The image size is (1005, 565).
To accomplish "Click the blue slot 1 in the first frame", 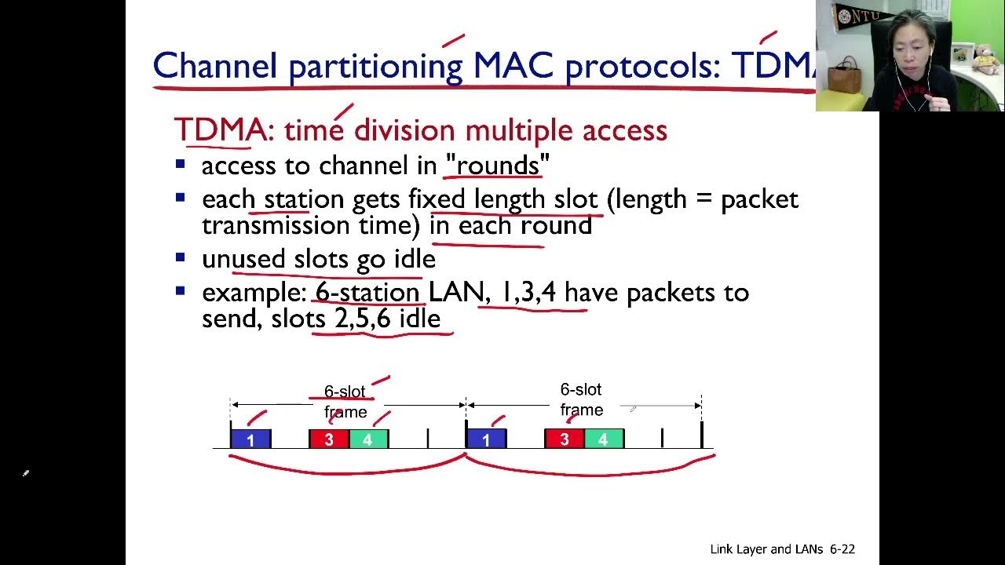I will tap(250, 439).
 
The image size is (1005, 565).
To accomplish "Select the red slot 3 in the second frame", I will tap(564, 439).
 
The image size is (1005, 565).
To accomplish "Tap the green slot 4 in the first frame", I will tap(368, 439).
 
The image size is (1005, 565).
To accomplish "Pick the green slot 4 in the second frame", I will tap(603, 439).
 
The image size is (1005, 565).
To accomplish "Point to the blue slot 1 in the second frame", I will tap(486, 439).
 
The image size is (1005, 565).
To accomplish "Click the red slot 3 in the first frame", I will tap(329, 439).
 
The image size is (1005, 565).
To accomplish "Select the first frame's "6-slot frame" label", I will tap(345, 402).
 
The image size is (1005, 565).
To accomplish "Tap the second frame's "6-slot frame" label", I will tap(581, 399).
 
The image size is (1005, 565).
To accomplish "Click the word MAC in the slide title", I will tap(513, 66).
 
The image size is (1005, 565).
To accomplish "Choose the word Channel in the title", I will tap(215, 66).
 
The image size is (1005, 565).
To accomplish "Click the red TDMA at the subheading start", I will tap(219, 130).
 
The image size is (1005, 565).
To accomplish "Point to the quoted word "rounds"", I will tap(497, 166).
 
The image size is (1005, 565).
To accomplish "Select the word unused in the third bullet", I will tap(243, 259).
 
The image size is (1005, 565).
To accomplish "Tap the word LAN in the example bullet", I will tap(455, 293).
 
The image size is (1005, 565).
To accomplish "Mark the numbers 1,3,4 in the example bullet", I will tap(528, 293).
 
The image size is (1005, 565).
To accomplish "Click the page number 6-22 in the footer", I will tap(842, 549).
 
